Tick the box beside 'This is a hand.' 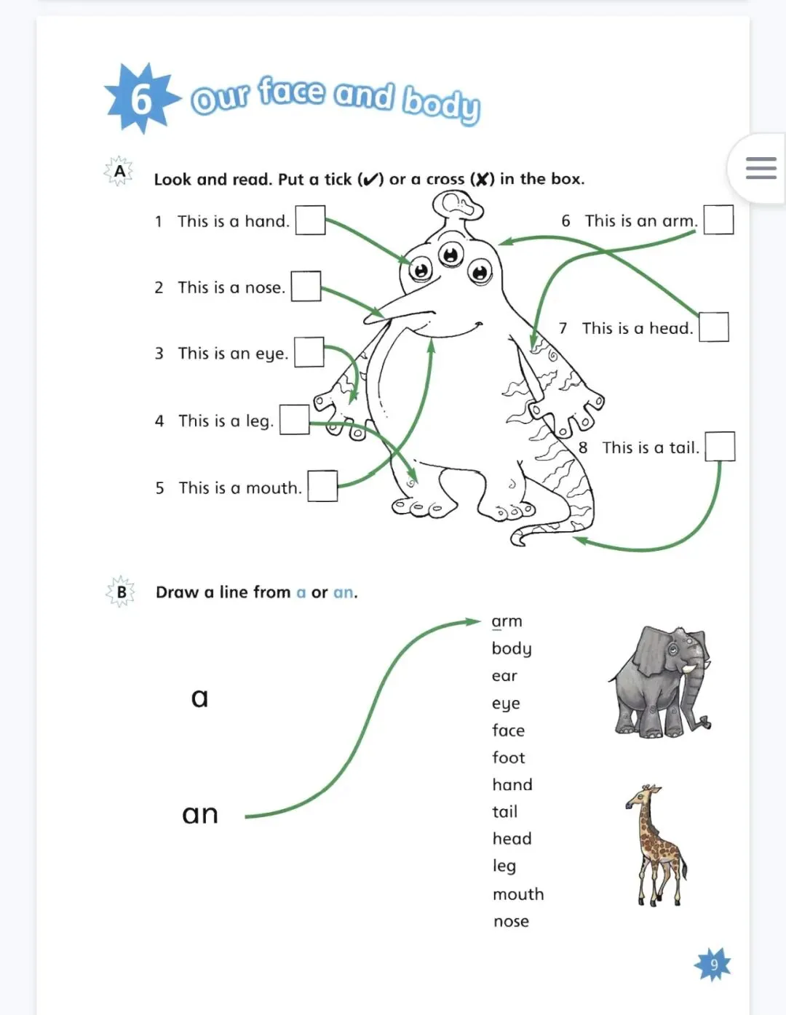pos(311,220)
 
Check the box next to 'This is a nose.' pos(306,287)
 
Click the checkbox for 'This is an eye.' pos(309,352)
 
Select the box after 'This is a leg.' pos(294,419)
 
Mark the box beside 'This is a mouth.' pos(322,486)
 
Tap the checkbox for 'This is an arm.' pos(719,220)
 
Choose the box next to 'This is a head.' pos(714,327)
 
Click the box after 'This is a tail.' pos(720,446)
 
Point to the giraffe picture pos(656,846)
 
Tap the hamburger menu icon pos(761,168)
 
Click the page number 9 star pos(712,965)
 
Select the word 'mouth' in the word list pos(518,894)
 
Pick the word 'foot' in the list pos(509,757)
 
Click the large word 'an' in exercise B pos(200,814)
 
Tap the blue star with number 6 pos(142,98)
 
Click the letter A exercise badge pos(119,172)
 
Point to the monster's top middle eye pos(450,254)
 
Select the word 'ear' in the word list pos(504,676)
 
